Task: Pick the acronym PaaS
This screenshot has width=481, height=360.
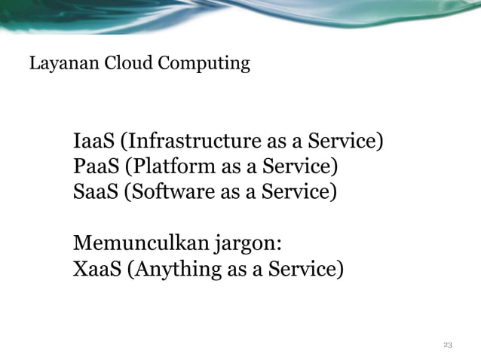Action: click(94, 166)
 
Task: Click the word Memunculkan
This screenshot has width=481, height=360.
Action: click(133, 243)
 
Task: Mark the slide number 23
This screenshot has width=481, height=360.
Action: click(448, 344)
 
